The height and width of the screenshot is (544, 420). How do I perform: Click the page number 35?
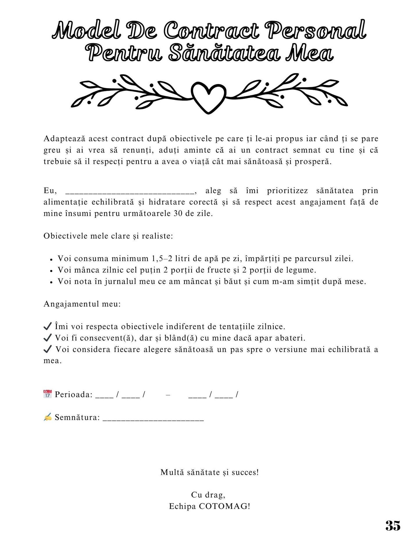coord(393,525)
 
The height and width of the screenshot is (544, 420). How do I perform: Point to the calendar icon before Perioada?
coord(47,394)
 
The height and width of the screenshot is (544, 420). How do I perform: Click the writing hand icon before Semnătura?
coord(47,417)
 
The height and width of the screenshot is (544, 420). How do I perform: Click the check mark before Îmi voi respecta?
coord(47,326)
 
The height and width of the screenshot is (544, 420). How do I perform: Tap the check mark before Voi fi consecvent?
coord(47,338)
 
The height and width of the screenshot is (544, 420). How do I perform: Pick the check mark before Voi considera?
coord(47,349)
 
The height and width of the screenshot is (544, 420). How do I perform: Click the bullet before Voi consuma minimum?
coord(51,259)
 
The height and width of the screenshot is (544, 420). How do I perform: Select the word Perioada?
coord(74,395)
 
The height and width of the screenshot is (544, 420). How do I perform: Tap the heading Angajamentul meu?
coord(82,304)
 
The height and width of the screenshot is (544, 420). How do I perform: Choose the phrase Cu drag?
coord(208,495)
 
